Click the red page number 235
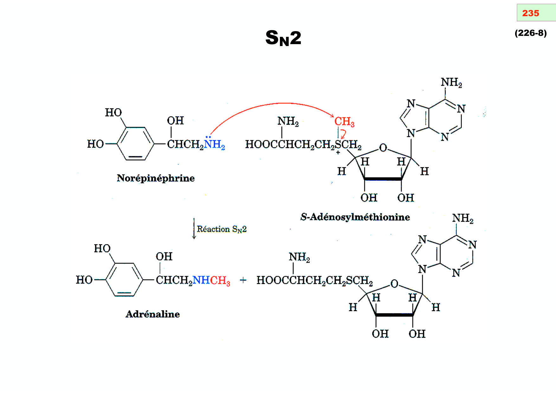530,13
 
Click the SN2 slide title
283,38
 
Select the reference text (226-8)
530,33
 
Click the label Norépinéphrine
156,178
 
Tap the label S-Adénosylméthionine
355,217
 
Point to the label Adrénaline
152,314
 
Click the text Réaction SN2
222,229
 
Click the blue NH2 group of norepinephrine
214,144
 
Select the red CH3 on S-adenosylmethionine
344,122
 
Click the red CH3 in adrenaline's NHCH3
220,280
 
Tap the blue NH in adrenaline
201,280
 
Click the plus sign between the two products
243,280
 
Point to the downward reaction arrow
194,229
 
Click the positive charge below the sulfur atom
338,153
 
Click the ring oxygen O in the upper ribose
383,148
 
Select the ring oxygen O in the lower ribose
394,284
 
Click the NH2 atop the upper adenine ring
451,83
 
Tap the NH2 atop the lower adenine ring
462,218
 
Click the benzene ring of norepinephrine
135,144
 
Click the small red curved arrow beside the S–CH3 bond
343,134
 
